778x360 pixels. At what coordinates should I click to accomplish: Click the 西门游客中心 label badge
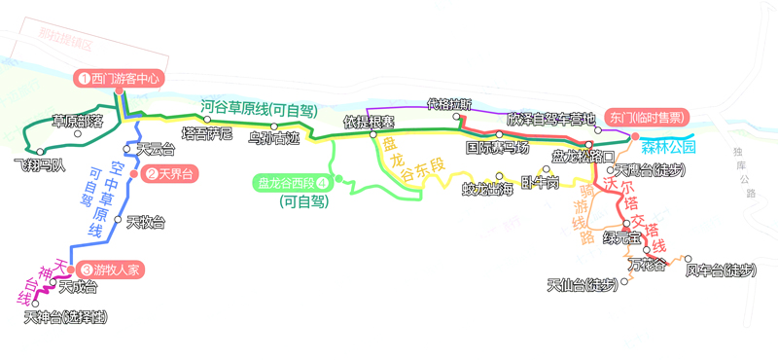pyautogui.click(x=120, y=78)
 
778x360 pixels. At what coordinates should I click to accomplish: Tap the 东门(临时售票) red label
pyautogui.click(x=645, y=116)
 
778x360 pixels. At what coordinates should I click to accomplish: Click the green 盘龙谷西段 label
pyautogui.click(x=292, y=181)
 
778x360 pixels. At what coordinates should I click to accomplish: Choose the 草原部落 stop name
pyautogui.click(x=78, y=122)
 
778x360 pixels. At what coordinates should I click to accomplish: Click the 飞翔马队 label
pyautogui.click(x=40, y=164)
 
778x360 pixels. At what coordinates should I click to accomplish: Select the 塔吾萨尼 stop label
pyautogui.click(x=207, y=133)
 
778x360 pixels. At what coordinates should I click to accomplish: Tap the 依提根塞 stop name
pyautogui.click(x=370, y=123)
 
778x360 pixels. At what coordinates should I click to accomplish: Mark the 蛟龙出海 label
pyautogui.click(x=487, y=188)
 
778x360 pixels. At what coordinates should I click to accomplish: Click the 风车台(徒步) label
pyautogui.click(x=720, y=270)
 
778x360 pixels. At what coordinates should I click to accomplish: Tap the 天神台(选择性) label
pyautogui.click(x=65, y=317)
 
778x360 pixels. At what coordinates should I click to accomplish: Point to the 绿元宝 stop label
pyautogui.click(x=621, y=237)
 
